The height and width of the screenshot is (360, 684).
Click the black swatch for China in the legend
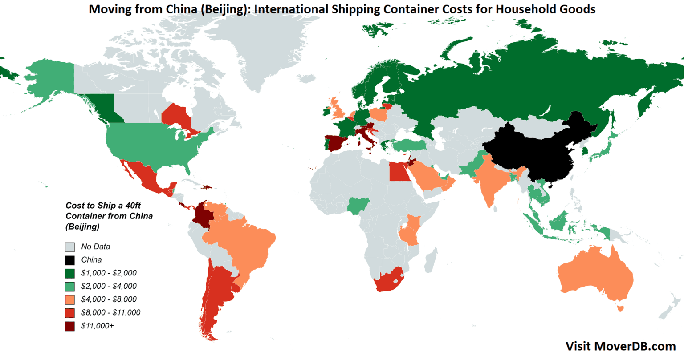pyautogui.click(x=70, y=260)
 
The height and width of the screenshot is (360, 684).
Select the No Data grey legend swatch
pyautogui.click(x=70, y=247)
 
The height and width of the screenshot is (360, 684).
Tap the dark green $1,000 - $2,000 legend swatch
pyautogui.click(x=70, y=273)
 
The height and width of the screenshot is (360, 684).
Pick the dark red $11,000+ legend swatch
pyautogui.click(x=70, y=326)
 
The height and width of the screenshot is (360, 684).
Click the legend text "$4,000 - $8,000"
pyautogui.click(x=109, y=299)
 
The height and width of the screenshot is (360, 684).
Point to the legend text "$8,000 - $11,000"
pyautogui.click(x=110, y=313)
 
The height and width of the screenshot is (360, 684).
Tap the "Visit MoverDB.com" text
pyautogui.click(x=620, y=346)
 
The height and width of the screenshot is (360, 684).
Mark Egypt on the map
pyautogui.click(x=399, y=171)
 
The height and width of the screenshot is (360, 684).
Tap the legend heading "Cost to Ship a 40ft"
pyautogui.click(x=103, y=206)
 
